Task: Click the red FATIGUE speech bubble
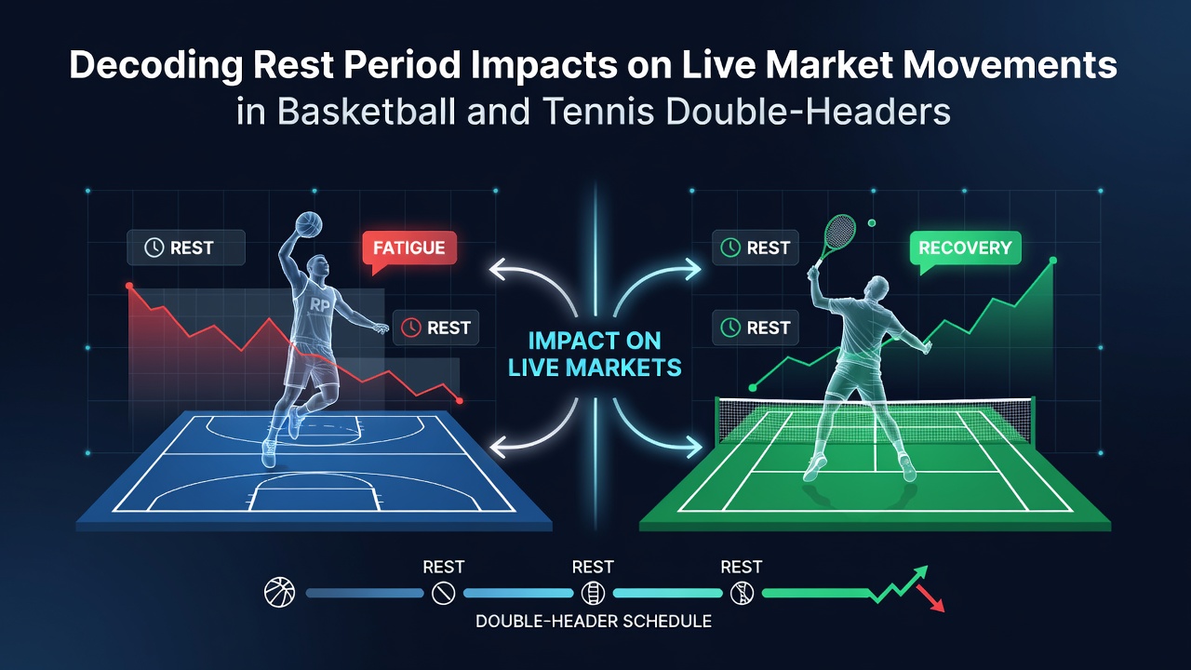408,248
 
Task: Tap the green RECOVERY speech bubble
965,248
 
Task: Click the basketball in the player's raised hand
308,224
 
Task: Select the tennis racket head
839,232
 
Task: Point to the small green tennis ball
872,223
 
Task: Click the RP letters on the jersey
319,305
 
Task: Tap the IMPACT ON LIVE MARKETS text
595,355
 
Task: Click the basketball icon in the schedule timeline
280,593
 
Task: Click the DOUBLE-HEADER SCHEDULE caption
594,621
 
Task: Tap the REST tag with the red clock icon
436,328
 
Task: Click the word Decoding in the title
155,66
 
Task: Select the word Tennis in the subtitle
598,112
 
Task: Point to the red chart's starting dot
129,286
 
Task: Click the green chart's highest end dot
1052,260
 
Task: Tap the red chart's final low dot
460,400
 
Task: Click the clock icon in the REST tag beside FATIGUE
154,248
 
